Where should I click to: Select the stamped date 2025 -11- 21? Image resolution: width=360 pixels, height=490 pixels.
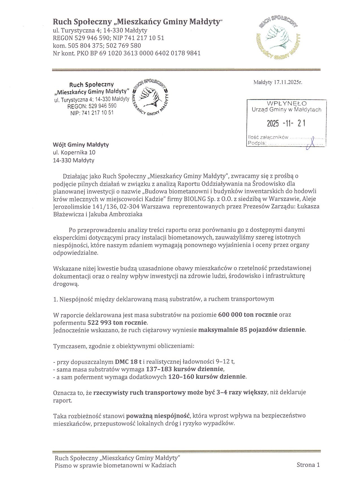(286, 123)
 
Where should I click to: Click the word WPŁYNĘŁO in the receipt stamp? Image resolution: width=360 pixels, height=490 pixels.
(287, 104)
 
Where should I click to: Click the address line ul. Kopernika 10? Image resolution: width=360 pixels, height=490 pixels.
(74, 153)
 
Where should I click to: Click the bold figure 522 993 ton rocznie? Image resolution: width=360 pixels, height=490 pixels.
(117, 322)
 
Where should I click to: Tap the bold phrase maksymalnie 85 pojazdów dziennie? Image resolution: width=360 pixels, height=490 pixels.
(252, 330)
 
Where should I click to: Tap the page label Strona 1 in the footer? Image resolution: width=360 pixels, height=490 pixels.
(308, 465)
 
